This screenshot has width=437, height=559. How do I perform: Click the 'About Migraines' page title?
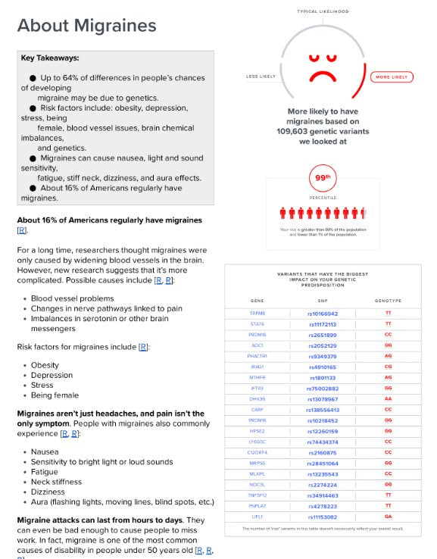click(x=86, y=26)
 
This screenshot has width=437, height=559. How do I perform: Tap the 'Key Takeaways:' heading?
click(x=50, y=58)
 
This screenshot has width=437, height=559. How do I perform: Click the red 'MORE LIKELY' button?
click(x=392, y=77)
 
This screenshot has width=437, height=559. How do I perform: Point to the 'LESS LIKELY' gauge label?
click(x=261, y=77)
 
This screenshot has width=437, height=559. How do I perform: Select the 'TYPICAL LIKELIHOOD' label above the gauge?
click(x=323, y=11)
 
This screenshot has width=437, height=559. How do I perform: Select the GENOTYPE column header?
click(x=388, y=300)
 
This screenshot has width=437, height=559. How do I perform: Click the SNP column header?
click(x=323, y=300)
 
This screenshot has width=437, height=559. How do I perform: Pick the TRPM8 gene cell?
click(x=258, y=313)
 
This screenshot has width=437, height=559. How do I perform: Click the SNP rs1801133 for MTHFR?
click(x=323, y=376)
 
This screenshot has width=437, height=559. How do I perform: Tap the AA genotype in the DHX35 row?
click(x=388, y=398)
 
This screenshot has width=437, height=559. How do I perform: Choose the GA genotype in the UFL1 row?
click(x=388, y=516)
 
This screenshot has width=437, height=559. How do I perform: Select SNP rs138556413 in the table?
click(x=323, y=409)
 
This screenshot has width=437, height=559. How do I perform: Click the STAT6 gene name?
click(x=258, y=323)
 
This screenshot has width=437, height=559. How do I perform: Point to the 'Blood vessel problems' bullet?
click(x=72, y=298)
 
